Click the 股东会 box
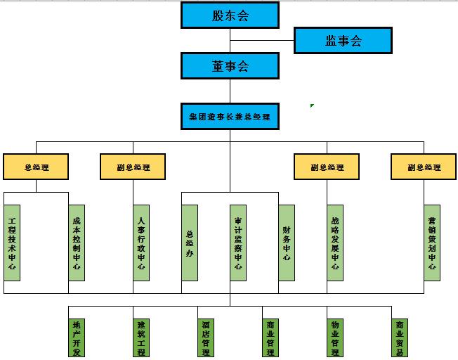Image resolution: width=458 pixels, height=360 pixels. click(230, 15)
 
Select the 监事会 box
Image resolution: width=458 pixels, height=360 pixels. click(342, 41)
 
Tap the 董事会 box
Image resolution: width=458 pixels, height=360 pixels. click(230, 66)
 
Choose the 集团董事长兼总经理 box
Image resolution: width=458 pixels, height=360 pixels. click(230, 116)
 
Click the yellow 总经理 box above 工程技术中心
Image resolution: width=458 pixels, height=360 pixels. click(36, 167)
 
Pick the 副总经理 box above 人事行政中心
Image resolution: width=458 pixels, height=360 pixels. click(133, 167)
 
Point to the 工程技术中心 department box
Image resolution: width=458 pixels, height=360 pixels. click(12, 243)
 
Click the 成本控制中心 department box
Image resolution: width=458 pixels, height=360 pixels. click(77, 243)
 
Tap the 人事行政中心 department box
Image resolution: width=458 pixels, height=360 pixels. click(141, 243)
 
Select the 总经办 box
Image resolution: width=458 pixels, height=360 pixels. click(190, 243)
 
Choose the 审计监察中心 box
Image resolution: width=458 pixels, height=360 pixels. click(238, 243)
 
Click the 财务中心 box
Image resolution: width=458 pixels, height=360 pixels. click(287, 243)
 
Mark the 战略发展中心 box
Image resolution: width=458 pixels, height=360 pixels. click(335, 243)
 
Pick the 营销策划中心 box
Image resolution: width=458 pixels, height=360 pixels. click(432, 243)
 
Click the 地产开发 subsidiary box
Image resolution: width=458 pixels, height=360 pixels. click(77, 338)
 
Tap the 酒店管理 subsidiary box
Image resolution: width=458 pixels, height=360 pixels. click(206, 338)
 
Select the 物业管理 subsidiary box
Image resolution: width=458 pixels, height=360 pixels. click(335, 338)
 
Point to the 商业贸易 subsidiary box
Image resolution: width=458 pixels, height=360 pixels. click(400, 338)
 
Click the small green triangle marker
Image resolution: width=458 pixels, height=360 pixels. click(312, 106)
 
